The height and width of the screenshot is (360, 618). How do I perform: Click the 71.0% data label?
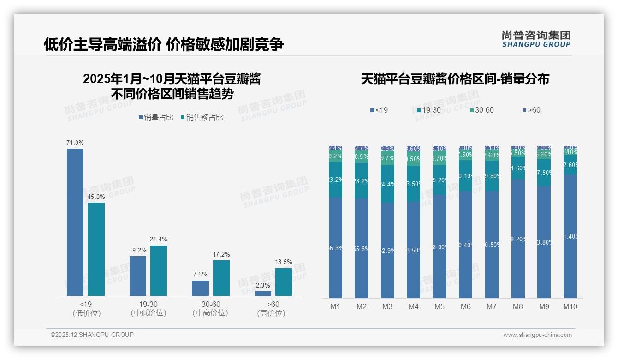pyautogui.click(x=75, y=143)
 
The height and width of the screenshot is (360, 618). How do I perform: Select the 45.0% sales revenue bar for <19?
pyautogui.click(x=96, y=249)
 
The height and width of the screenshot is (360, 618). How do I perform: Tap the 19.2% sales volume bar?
pyautogui.click(x=138, y=276)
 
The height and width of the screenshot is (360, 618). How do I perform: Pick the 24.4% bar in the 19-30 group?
pyautogui.click(x=159, y=270)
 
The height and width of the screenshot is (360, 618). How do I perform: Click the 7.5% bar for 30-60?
pyautogui.click(x=200, y=288)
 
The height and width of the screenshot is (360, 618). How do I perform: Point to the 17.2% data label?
pyautogui.click(x=221, y=254)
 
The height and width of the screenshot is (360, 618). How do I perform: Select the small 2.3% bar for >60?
pyautogui.click(x=263, y=293)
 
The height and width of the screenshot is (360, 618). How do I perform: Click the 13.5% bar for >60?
pyautogui.click(x=284, y=282)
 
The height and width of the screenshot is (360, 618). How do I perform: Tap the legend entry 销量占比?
pyautogui.click(x=156, y=118)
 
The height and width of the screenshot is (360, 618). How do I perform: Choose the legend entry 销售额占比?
pyautogui.click(x=202, y=118)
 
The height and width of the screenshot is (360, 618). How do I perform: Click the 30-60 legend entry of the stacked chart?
pyautogui.click(x=482, y=110)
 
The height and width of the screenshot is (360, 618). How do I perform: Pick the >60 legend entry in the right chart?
pyautogui.click(x=531, y=110)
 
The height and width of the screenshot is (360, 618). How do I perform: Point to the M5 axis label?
pyautogui.click(x=440, y=306)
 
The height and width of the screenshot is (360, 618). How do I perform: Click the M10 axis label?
pyautogui.click(x=570, y=306)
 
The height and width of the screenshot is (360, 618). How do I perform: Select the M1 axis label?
pyautogui.click(x=335, y=306)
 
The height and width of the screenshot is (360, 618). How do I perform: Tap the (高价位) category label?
pyautogui.click(x=271, y=313)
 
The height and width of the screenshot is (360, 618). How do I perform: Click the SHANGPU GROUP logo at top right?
pyautogui.click(x=536, y=39)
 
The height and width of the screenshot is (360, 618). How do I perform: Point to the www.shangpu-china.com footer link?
pyautogui.click(x=537, y=335)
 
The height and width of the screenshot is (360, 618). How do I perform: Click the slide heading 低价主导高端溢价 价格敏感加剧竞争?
pyautogui.click(x=164, y=44)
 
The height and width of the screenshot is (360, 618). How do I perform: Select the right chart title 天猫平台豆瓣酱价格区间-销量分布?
pyautogui.click(x=455, y=79)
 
